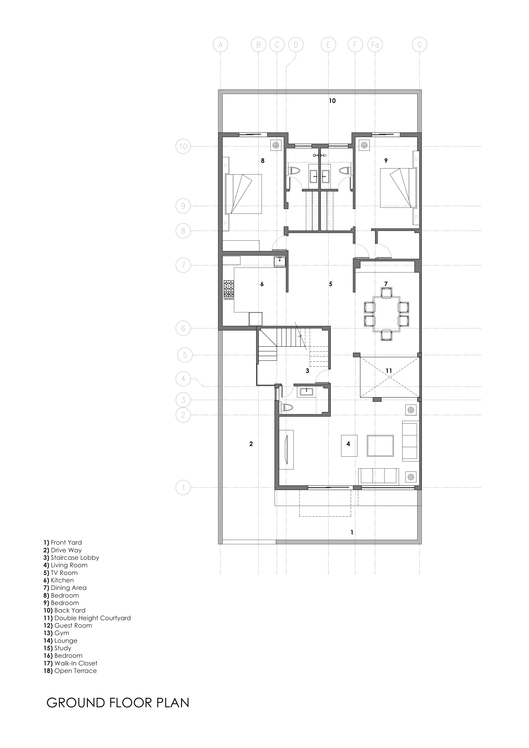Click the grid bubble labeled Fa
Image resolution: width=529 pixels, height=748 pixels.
click(x=375, y=45)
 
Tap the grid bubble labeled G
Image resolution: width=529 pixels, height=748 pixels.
click(x=419, y=45)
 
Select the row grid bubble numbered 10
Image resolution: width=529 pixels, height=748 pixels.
click(x=183, y=146)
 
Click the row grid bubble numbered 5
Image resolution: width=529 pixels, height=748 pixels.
click(x=185, y=355)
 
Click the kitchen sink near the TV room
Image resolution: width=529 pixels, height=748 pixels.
click(x=280, y=261)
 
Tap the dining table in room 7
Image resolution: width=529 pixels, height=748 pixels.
click(x=386, y=313)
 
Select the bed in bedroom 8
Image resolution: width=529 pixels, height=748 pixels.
click(x=244, y=194)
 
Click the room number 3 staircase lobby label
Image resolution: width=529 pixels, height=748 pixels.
click(x=307, y=371)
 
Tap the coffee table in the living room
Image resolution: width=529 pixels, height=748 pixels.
click(x=380, y=446)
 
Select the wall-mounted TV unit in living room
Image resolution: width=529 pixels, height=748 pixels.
click(x=286, y=450)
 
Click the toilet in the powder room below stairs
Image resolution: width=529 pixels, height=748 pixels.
click(x=288, y=407)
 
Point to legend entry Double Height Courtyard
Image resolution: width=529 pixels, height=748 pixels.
click(x=92, y=618)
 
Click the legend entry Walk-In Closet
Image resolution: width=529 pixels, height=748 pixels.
click(x=76, y=663)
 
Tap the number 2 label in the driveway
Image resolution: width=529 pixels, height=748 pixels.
click(x=251, y=444)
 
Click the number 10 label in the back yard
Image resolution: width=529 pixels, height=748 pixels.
click(x=332, y=101)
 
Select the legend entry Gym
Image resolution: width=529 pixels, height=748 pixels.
click(x=62, y=633)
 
